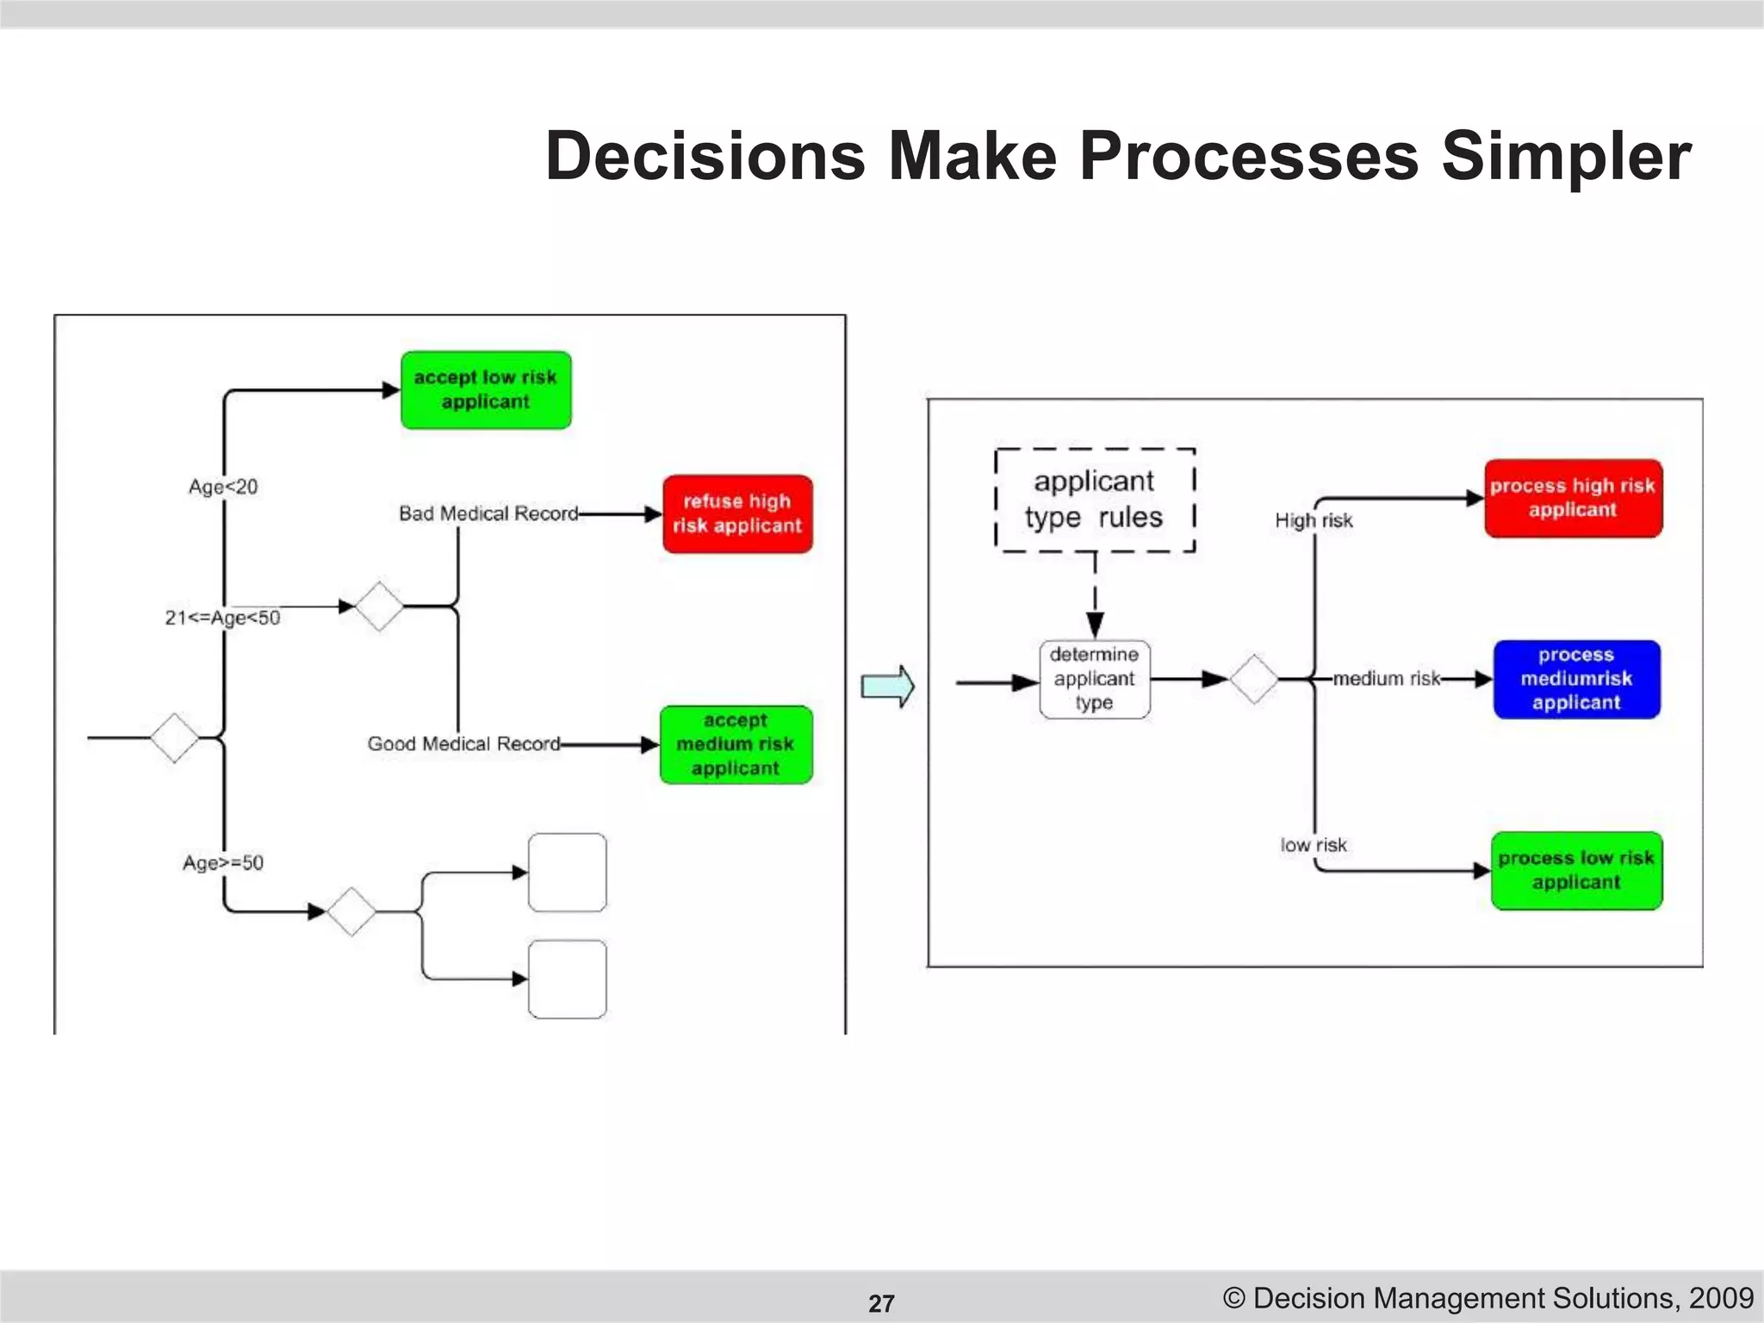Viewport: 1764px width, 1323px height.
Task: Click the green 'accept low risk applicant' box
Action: point(486,390)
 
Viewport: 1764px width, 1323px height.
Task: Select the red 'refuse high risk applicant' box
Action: point(737,514)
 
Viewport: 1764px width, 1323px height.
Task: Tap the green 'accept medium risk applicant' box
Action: point(736,745)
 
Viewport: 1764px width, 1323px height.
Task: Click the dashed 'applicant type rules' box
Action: point(1095,500)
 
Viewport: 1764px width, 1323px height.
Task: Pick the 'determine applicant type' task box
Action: point(1095,680)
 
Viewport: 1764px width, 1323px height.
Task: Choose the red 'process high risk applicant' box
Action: point(1573,499)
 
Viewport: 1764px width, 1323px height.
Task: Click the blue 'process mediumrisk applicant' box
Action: point(1576,680)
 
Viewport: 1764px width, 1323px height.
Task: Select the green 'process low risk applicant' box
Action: point(1576,871)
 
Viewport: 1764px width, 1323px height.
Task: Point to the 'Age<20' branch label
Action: point(223,488)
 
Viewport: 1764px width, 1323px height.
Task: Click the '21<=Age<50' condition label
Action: point(223,618)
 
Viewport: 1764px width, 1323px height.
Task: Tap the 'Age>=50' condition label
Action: point(223,863)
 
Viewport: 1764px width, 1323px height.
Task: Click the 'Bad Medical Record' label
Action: point(488,514)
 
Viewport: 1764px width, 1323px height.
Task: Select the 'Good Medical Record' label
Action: point(463,744)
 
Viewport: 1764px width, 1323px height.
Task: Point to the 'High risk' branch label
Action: point(1314,521)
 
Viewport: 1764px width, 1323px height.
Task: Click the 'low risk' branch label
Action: point(1313,846)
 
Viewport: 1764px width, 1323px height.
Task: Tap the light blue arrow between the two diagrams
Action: point(888,686)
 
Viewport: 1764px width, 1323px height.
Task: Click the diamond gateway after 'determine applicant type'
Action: point(1253,680)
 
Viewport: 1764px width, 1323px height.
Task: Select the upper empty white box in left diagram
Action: point(567,873)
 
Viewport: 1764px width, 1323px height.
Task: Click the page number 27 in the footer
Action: point(881,1303)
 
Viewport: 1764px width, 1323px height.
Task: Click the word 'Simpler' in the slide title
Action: point(1566,157)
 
